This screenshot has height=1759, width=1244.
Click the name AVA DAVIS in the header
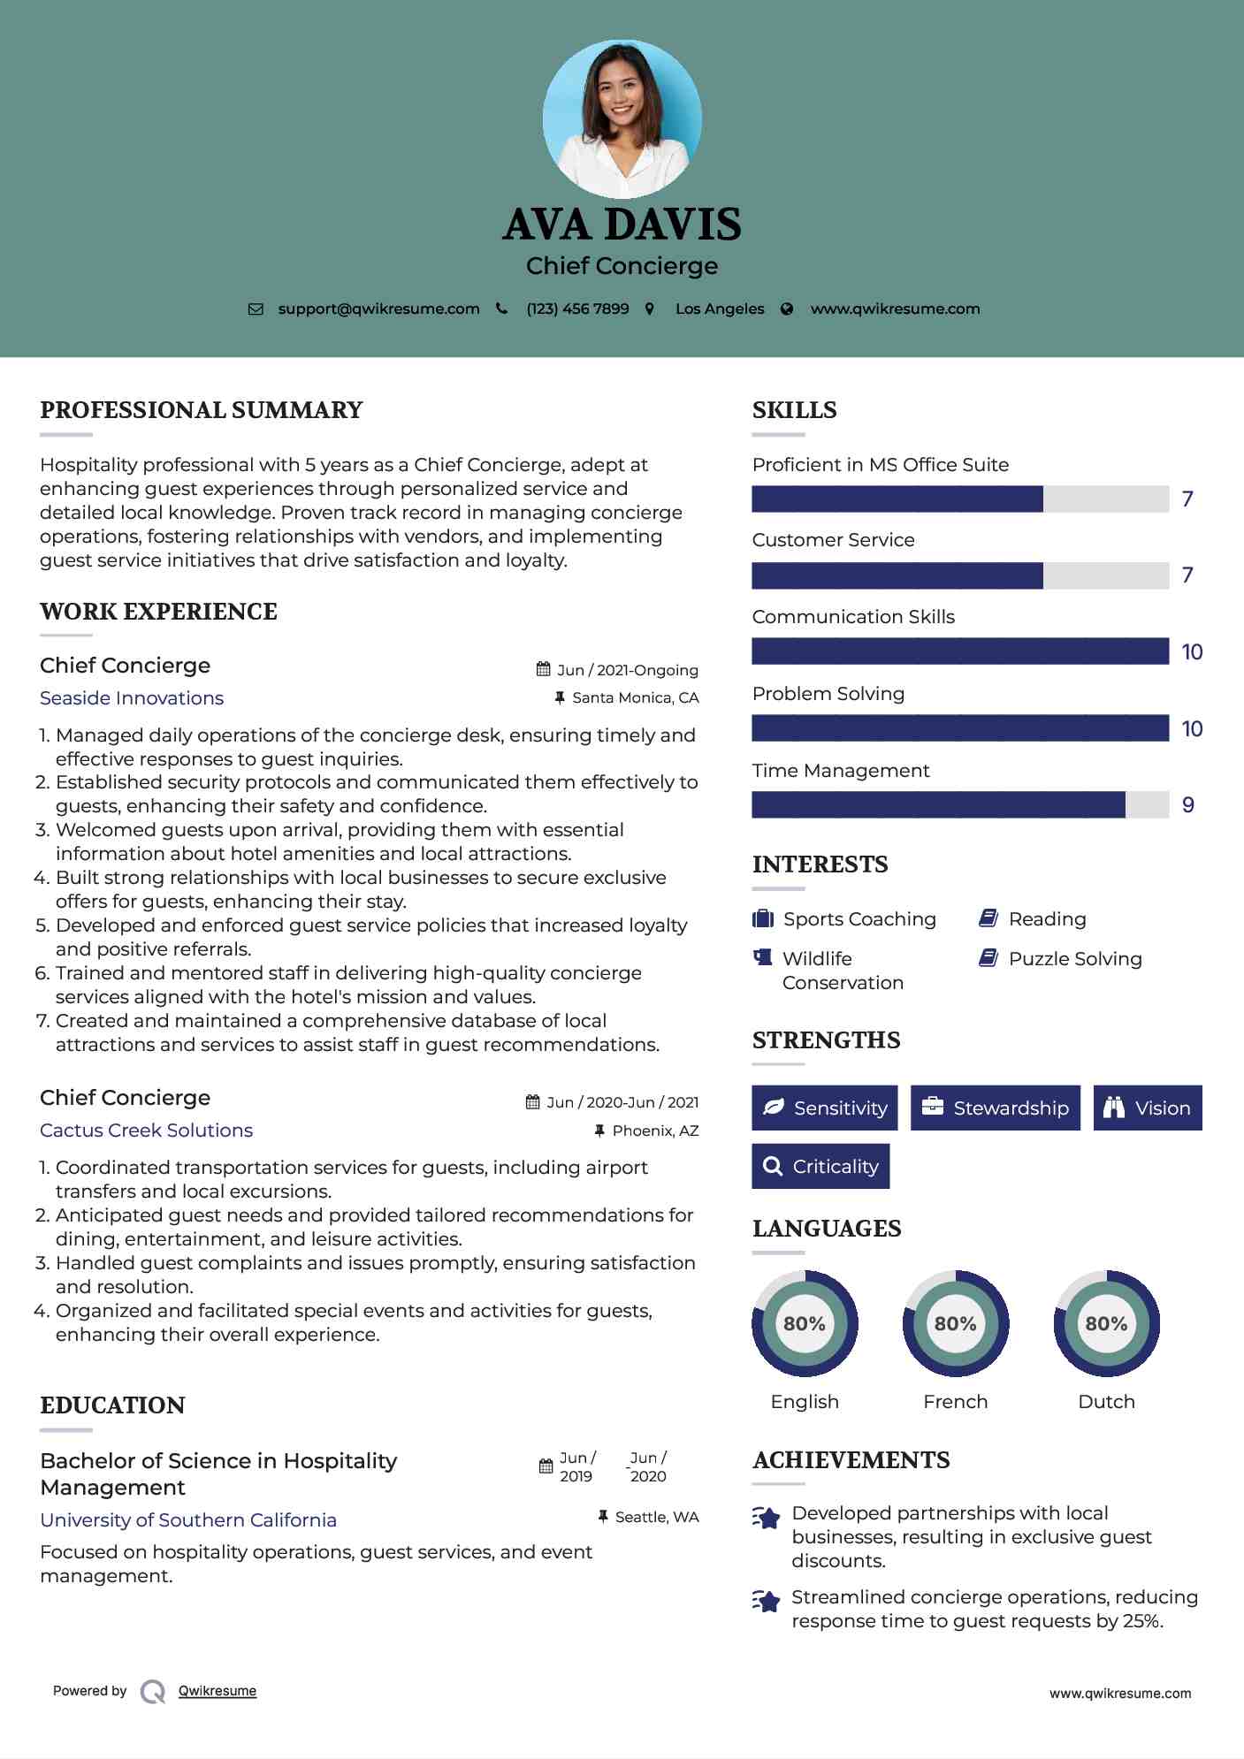(x=622, y=225)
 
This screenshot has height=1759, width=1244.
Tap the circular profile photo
(x=622, y=118)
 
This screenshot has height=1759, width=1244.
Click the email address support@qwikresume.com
(x=378, y=308)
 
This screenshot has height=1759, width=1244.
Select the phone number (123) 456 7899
(x=577, y=308)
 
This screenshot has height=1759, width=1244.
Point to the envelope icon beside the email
(x=256, y=309)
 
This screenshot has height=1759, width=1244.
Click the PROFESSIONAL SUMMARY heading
(x=202, y=410)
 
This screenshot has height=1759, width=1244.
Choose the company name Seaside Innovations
(x=132, y=698)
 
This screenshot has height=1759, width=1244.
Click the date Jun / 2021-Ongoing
(x=627, y=670)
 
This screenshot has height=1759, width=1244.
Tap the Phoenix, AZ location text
(x=655, y=1131)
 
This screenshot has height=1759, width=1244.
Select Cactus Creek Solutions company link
(x=146, y=1131)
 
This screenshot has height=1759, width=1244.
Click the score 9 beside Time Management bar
(x=1187, y=805)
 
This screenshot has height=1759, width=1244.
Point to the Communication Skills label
(x=853, y=617)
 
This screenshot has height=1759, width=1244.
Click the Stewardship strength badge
(x=996, y=1108)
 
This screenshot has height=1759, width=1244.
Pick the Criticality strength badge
(x=820, y=1167)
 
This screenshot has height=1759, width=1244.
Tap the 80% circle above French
(x=955, y=1323)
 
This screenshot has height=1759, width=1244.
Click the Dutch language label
(x=1106, y=1402)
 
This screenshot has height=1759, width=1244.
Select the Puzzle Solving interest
(x=1074, y=959)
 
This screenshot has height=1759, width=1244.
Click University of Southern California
(x=188, y=1520)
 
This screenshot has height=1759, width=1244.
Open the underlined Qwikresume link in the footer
(x=218, y=1691)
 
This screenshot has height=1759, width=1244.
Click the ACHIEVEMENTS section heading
(x=851, y=1460)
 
